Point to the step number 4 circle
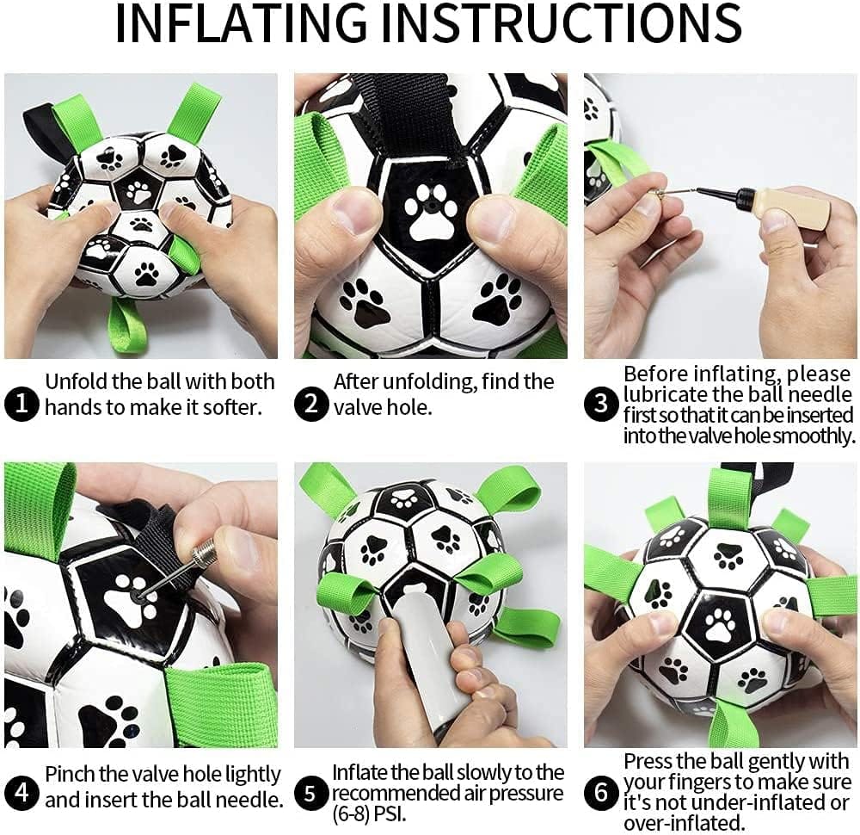[21, 793]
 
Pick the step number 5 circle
[311, 793]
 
